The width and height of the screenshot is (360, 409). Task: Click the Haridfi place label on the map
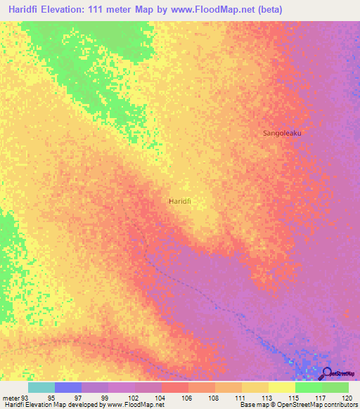(x=181, y=201)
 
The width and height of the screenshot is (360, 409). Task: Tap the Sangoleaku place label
(x=281, y=132)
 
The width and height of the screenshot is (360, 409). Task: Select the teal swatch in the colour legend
(x=41, y=387)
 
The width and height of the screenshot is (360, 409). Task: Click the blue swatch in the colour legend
(x=68, y=387)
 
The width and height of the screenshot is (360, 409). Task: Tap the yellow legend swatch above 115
(x=282, y=387)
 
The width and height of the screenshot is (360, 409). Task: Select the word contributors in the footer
(x=337, y=405)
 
